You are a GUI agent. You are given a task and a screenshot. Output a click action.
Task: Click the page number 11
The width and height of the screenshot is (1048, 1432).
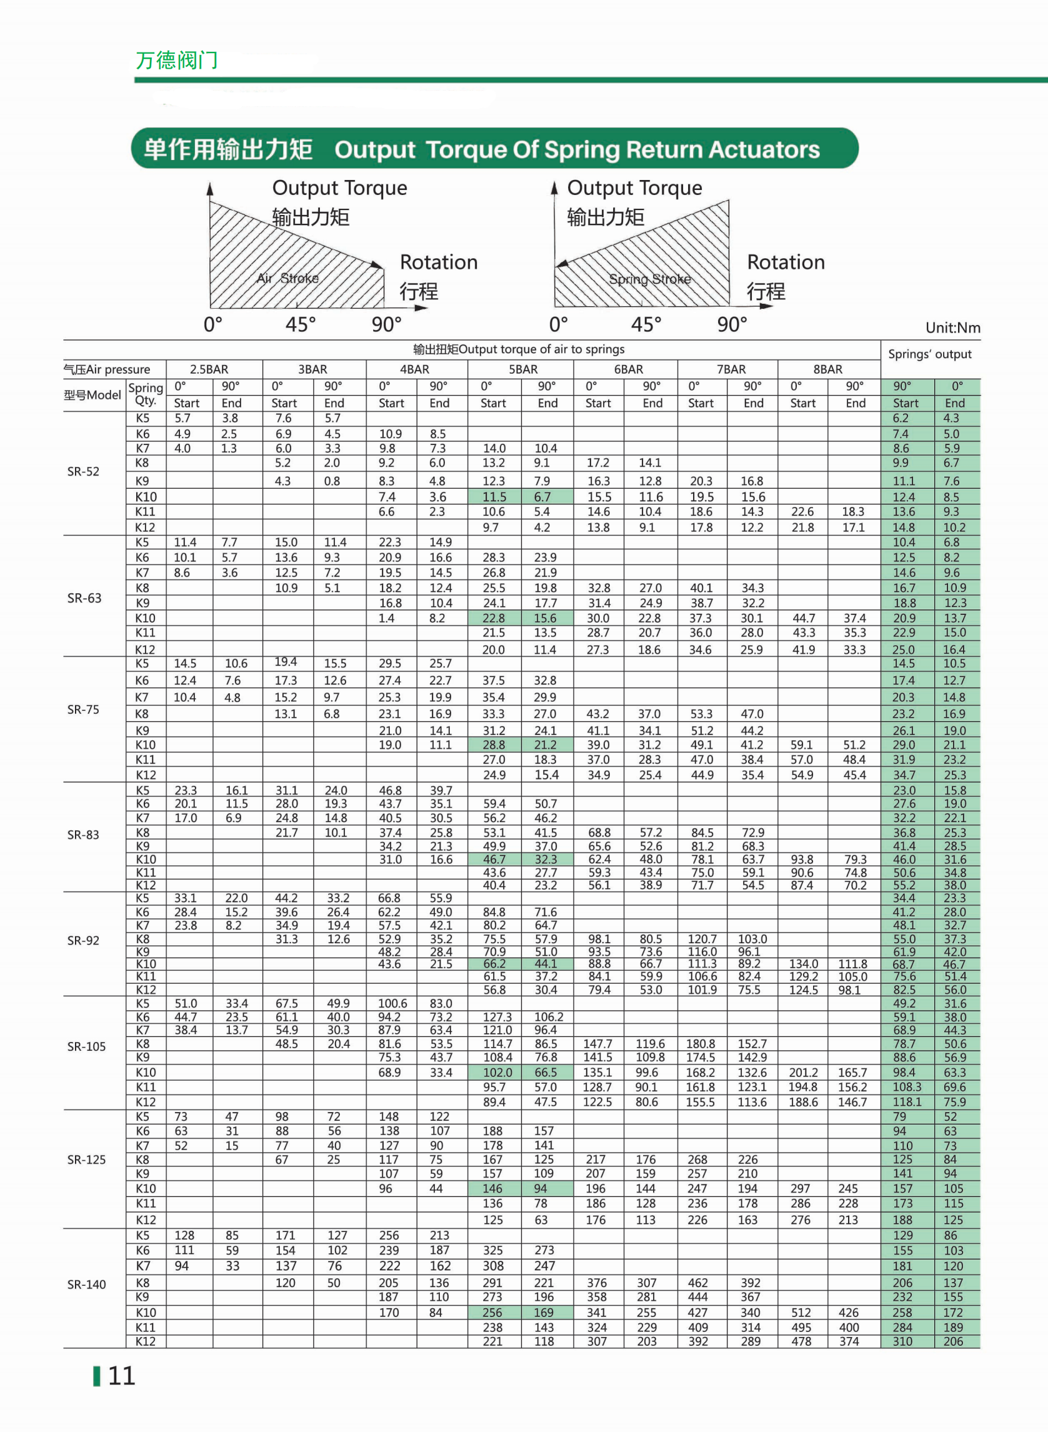coord(121,1376)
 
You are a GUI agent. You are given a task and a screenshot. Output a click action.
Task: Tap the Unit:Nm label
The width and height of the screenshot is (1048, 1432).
coord(952,328)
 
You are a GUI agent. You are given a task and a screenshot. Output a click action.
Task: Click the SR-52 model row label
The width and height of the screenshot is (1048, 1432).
coord(83,471)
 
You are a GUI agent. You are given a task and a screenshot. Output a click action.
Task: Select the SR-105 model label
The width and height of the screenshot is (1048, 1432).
coord(86,1046)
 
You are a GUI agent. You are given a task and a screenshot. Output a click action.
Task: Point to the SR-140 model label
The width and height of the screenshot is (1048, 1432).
coord(86,1284)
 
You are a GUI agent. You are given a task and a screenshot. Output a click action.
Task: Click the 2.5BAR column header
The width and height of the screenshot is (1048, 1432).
coord(209,369)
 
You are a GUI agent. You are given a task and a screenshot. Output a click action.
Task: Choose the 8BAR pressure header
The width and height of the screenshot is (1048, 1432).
coord(827,369)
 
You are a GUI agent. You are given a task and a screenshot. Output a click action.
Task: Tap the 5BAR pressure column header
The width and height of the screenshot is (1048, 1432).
coord(522,369)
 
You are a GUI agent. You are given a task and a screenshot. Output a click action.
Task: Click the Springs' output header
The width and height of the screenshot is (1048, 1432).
coord(929,354)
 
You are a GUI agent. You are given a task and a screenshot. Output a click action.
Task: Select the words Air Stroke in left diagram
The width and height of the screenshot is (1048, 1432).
coord(287,278)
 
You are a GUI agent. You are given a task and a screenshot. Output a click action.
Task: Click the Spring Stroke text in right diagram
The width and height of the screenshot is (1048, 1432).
coord(649,279)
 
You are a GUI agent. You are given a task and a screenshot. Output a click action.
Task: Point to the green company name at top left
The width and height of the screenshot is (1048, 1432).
coord(176,60)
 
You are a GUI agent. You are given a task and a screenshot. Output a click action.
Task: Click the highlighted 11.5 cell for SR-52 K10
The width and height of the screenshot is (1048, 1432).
coord(494,497)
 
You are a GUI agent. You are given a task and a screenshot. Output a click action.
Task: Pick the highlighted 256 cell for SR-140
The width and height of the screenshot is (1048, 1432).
coord(492,1312)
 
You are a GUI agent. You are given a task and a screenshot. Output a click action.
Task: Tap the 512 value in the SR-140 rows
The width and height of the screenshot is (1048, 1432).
coord(801,1312)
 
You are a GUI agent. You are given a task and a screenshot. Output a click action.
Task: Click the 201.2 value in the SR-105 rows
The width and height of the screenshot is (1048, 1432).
coord(802,1072)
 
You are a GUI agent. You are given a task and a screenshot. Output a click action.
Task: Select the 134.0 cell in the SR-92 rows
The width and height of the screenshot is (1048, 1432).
coord(803,964)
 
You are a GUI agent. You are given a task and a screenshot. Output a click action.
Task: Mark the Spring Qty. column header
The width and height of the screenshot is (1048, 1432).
coord(145,394)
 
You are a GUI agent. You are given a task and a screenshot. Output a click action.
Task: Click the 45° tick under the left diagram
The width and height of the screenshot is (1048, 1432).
coord(300,324)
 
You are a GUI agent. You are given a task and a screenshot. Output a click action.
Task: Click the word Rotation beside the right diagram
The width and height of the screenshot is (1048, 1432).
coord(786,262)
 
